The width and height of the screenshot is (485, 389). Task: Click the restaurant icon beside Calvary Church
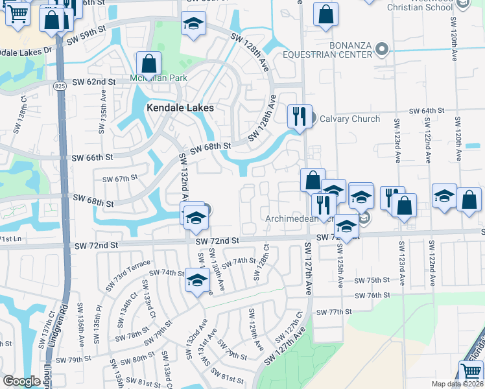point(300,116)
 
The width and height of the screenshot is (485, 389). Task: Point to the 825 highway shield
point(60,86)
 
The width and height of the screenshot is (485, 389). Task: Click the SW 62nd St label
point(93,82)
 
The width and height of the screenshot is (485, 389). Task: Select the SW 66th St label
point(92,158)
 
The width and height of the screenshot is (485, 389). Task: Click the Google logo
point(21,381)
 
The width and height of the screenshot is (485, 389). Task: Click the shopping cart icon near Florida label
point(471,372)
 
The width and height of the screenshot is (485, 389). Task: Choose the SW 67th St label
point(120,178)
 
